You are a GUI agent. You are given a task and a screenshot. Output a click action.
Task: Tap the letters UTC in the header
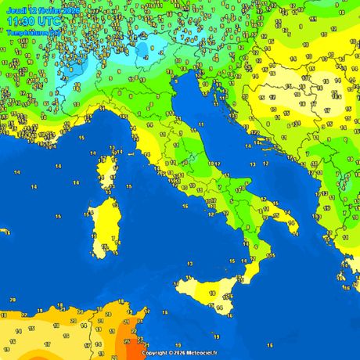(49, 22)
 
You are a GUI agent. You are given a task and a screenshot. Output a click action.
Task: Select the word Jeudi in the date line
(15, 10)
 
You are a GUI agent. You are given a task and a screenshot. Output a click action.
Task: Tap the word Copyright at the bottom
(156, 353)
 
